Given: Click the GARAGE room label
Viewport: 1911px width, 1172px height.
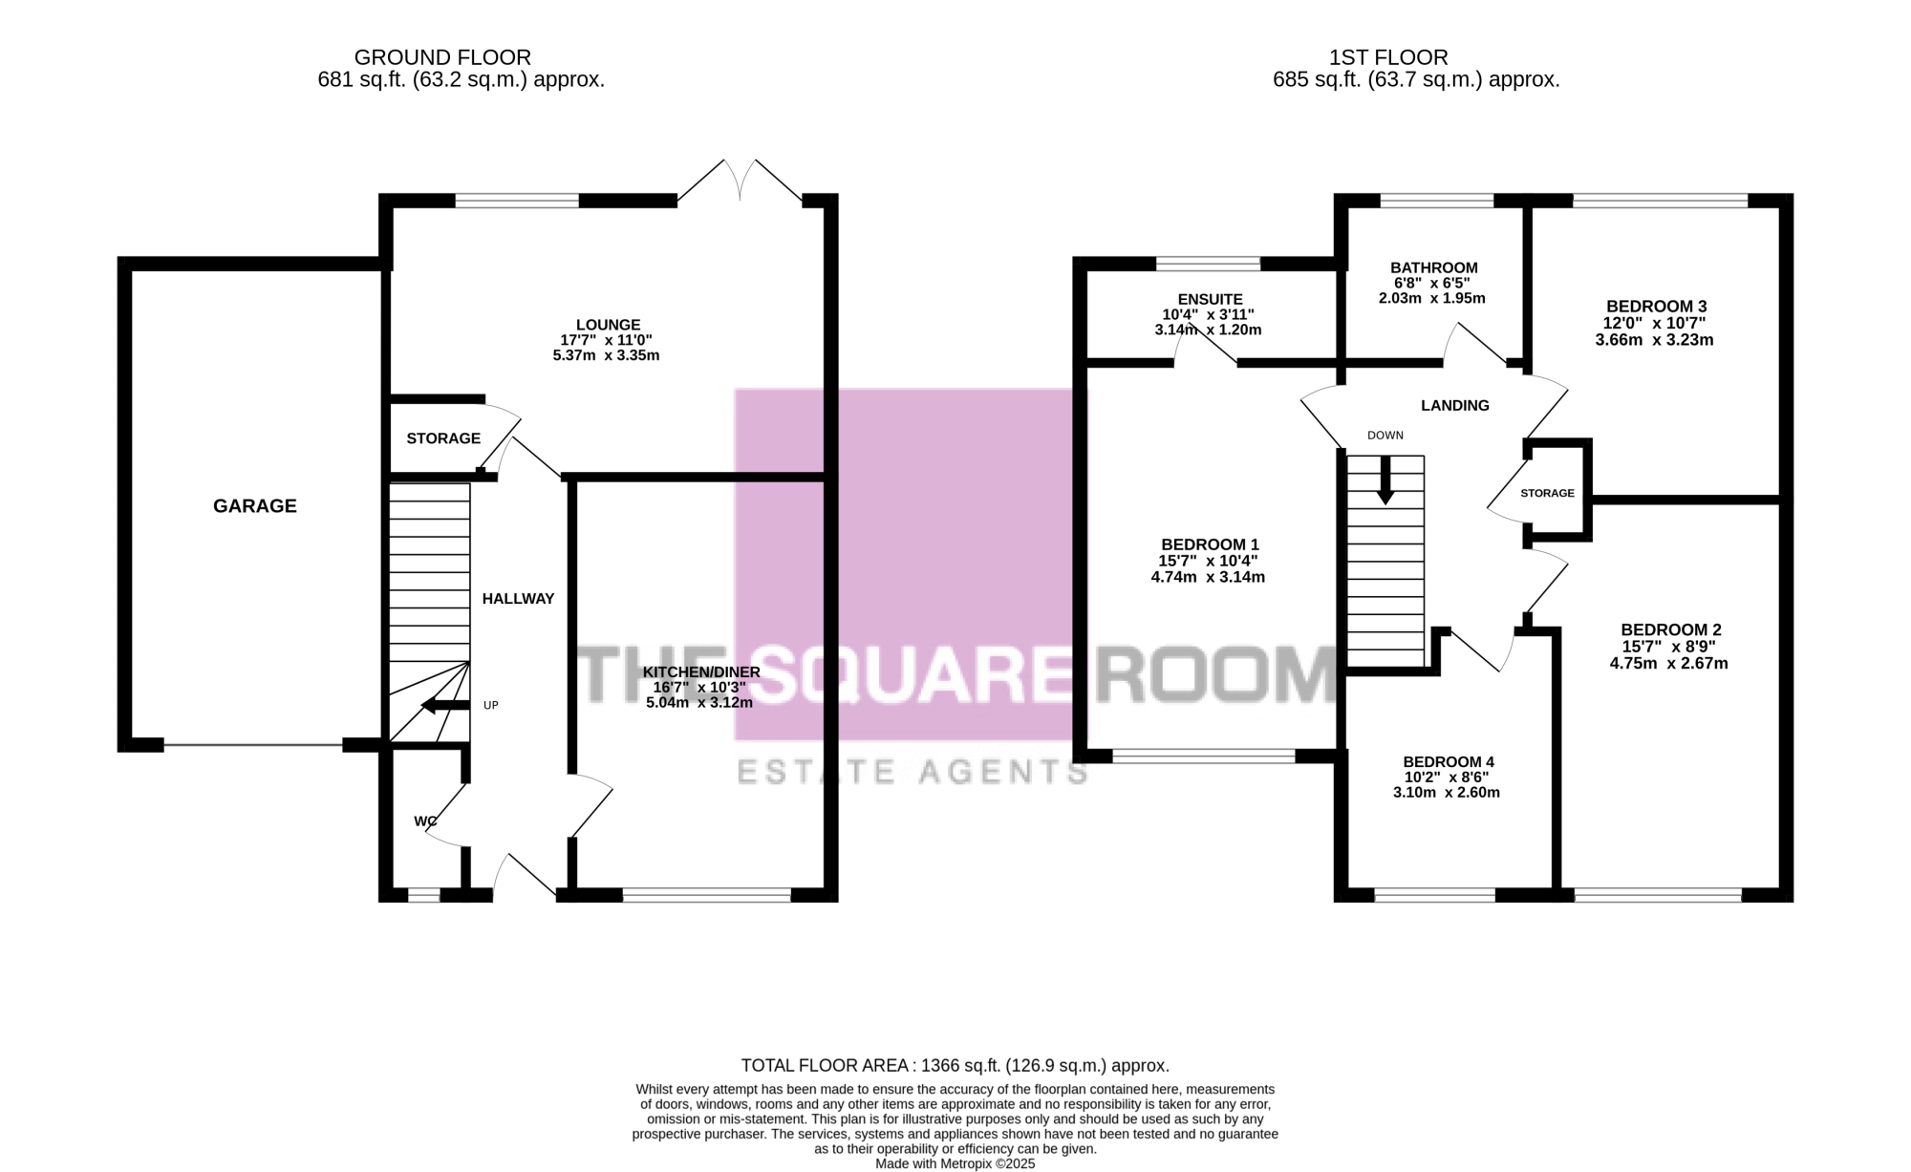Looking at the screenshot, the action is tap(254, 506).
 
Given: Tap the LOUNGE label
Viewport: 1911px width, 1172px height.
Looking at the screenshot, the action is tap(608, 325).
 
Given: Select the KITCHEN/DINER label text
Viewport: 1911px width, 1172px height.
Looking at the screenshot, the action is tap(701, 671).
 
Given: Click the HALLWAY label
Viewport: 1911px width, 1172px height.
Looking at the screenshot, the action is tap(518, 599).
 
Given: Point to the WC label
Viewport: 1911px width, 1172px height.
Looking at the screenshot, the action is tap(425, 821).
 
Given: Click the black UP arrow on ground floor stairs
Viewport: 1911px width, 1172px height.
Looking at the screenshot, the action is tap(445, 706).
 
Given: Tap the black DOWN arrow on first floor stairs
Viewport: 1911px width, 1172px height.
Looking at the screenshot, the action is tap(1385, 480).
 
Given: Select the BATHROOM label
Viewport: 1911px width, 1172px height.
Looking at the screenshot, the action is tap(1434, 267).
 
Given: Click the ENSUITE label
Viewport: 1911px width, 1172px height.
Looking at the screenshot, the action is tap(1210, 299).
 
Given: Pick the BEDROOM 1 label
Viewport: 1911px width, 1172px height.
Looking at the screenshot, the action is tap(1209, 544).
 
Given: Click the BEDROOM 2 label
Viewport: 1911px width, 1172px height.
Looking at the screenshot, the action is tap(1671, 630).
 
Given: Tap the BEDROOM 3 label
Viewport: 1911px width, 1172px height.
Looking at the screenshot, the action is tap(1656, 307).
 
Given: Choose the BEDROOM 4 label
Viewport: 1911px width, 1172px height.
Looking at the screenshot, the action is tap(1448, 762).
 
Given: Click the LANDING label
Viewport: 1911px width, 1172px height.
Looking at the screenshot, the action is tap(1454, 406).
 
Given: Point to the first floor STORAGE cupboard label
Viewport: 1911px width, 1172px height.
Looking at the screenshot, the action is tap(1547, 494).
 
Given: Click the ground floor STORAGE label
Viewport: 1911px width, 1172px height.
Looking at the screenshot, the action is tap(443, 438).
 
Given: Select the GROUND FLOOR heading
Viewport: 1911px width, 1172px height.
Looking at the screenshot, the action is tap(442, 58).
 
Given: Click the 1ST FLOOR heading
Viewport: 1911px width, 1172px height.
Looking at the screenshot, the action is tap(1388, 58).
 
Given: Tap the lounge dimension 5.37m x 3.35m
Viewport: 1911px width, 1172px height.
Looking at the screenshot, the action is tap(606, 356).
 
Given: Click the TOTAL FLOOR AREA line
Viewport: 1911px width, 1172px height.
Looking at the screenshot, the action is tap(955, 1066).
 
